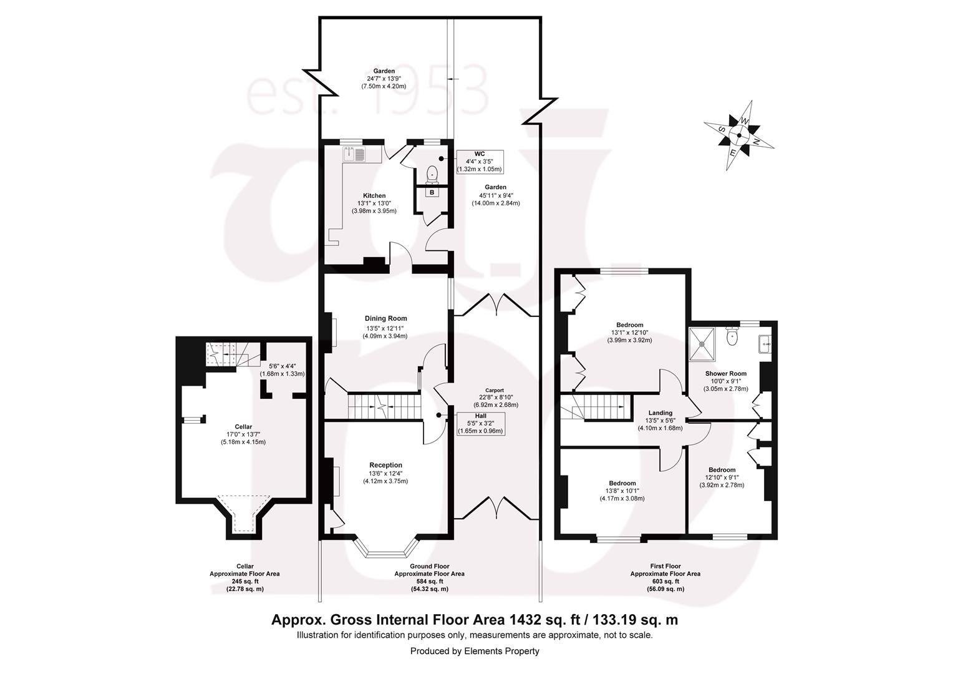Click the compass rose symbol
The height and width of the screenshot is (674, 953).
pyautogui.click(x=739, y=135)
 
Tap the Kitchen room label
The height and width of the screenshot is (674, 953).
pyautogui.click(x=375, y=196)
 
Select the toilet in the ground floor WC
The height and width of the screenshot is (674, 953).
pyautogui.click(x=432, y=173)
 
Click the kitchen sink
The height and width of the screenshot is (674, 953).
pyautogui.click(x=354, y=154)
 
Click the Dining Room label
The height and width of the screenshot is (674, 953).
pyautogui.click(x=385, y=318)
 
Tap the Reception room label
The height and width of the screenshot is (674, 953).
pyautogui.click(x=385, y=465)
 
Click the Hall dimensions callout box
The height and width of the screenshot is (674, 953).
pyautogui.click(x=480, y=423)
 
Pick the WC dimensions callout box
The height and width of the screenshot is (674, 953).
pyautogui.click(x=479, y=161)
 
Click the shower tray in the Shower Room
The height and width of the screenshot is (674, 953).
pyautogui.click(x=705, y=343)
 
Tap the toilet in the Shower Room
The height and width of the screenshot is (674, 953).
pyautogui.click(x=733, y=337)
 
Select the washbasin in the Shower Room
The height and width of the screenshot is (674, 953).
pyautogui.click(x=765, y=343)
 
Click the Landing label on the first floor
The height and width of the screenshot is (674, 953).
pyautogui.click(x=660, y=413)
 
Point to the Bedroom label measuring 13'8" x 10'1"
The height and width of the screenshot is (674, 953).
pyautogui.click(x=622, y=484)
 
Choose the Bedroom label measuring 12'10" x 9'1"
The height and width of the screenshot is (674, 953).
pyautogui.click(x=722, y=470)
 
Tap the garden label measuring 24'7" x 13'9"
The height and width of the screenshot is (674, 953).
pyautogui.click(x=384, y=71)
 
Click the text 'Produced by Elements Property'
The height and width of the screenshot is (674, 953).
pyautogui.click(x=475, y=651)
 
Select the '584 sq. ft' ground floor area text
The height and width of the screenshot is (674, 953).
pyautogui.click(x=428, y=581)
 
